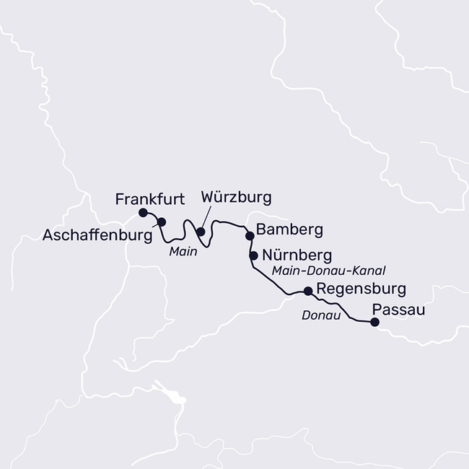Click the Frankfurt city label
coord(151,198)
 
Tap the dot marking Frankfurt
coord(143,212)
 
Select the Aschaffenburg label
coord(96,234)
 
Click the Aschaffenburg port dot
coord(162,222)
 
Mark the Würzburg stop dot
coord(201,232)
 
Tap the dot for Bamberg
coord(250,235)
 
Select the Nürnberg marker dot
coord(253,255)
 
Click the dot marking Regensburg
coord(308,291)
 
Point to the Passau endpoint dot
coord(374,323)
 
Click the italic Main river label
coord(183,252)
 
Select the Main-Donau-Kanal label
coord(329,271)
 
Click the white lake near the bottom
coord(175,397)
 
